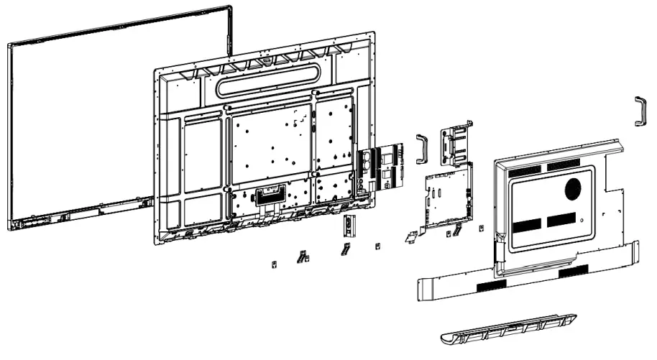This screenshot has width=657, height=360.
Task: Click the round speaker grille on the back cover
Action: tap(574, 189)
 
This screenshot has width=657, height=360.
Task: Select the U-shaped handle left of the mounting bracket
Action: tap(421, 148)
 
